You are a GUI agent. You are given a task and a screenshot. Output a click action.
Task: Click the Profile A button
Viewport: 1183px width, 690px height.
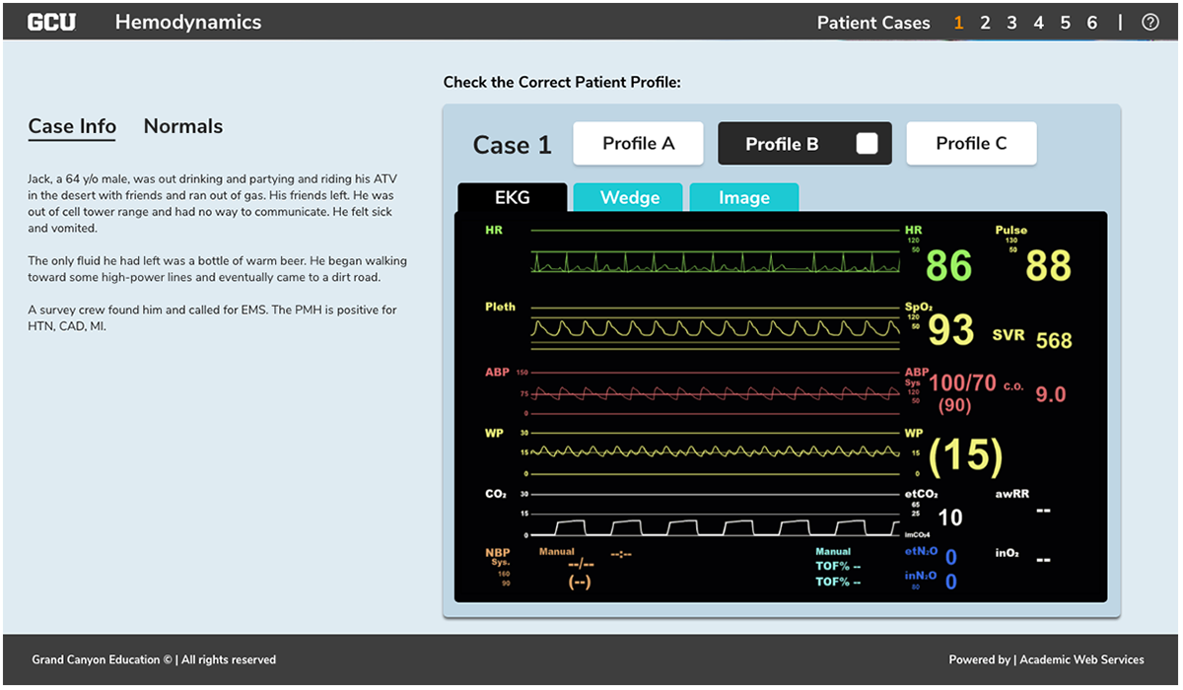(x=638, y=144)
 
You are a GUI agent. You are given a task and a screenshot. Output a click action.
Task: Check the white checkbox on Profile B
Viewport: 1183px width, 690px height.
(x=867, y=144)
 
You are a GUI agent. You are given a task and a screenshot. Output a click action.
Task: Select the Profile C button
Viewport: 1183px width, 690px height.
(x=971, y=144)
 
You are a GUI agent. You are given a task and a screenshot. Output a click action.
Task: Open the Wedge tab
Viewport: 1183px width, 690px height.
(x=629, y=198)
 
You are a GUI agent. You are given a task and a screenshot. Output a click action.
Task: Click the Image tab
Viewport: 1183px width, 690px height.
(x=743, y=198)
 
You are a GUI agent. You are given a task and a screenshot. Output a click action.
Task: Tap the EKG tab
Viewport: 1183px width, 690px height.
(x=512, y=198)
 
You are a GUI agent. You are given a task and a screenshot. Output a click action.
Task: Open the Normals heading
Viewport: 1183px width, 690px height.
(x=183, y=126)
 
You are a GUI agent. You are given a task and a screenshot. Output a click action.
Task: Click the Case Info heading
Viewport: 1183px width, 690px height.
(x=72, y=126)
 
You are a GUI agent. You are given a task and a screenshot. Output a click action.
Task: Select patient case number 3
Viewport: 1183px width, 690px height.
(x=1011, y=23)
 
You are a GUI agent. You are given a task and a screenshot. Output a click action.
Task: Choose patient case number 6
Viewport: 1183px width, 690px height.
(x=1091, y=23)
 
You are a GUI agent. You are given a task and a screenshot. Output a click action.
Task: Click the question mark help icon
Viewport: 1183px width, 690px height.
(x=1149, y=23)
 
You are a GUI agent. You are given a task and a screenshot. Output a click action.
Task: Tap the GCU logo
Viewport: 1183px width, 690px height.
(x=51, y=22)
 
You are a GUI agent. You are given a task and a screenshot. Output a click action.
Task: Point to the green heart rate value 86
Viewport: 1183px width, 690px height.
(x=948, y=266)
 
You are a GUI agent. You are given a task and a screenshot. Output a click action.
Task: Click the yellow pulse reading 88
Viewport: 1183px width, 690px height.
(x=1048, y=266)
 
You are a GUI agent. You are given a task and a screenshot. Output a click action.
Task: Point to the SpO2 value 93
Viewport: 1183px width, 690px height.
(x=951, y=331)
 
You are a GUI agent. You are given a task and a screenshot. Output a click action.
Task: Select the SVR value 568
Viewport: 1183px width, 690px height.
(x=1054, y=341)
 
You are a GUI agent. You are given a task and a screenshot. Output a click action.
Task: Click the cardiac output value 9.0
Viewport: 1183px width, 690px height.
(x=1051, y=394)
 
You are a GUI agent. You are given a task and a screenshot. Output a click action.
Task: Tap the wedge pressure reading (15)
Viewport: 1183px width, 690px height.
(x=965, y=454)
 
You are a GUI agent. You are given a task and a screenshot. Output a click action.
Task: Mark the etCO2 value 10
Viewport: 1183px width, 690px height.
(x=950, y=517)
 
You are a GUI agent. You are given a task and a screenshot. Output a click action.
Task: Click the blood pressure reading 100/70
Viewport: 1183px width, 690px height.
(x=962, y=383)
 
